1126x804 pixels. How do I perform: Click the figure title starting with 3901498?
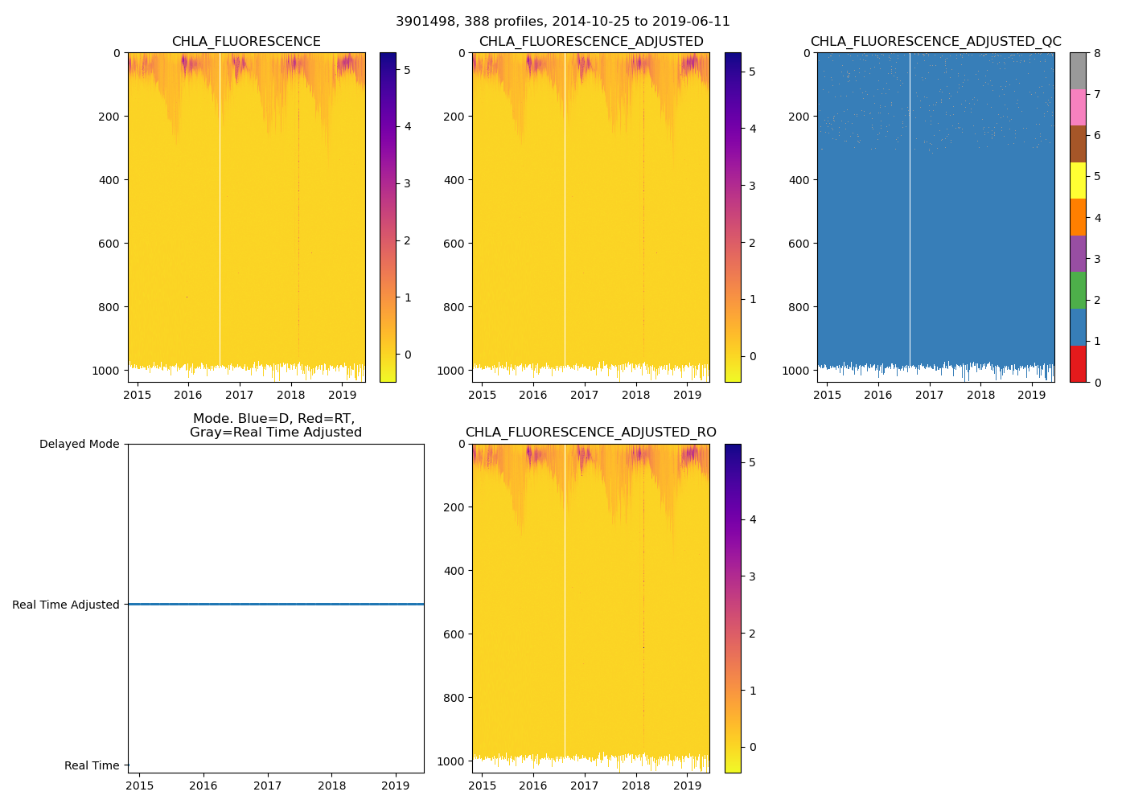[563, 22]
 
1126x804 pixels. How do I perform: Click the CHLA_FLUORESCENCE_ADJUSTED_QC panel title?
[935, 42]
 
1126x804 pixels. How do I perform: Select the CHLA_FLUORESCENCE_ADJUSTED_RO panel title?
[590, 433]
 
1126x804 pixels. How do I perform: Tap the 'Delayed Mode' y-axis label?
[79, 444]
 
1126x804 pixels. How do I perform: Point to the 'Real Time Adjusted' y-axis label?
[66, 605]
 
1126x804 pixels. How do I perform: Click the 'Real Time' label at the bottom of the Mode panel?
[92, 765]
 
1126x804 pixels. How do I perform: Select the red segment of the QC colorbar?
[1078, 363]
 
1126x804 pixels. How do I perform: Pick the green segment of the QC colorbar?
[1078, 290]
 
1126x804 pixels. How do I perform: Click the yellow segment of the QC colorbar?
[1078, 180]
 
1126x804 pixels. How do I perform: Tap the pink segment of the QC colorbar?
[1078, 107]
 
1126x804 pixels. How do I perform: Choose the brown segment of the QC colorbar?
[1078, 144]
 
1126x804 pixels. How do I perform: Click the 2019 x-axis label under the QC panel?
[1032, 395]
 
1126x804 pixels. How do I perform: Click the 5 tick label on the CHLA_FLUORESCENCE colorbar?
[408, 70]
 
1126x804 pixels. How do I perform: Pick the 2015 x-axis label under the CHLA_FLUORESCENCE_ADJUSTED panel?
[483, 395]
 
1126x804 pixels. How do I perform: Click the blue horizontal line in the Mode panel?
[276, 604]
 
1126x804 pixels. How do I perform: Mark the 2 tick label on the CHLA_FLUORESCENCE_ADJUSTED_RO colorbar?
[753, 634]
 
